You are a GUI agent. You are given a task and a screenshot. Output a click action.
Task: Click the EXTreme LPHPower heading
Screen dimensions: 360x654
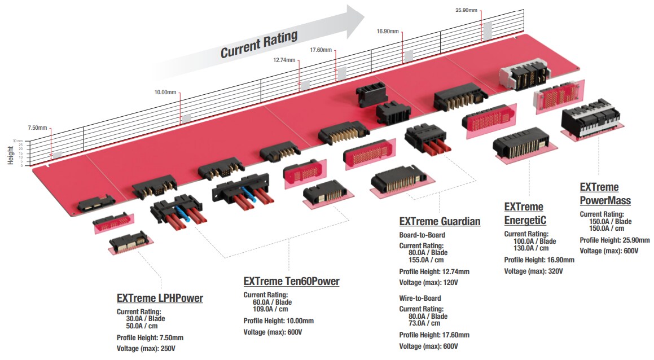pos(160,298)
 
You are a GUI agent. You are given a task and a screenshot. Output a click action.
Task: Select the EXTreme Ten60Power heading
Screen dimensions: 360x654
pos(291,281)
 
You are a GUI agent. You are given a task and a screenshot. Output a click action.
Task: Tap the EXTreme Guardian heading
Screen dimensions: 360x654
pos(440,222)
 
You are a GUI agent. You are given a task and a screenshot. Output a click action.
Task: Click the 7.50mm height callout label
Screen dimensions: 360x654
pos(38,128)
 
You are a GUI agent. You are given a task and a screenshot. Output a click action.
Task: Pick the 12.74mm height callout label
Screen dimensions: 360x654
pos(284,60)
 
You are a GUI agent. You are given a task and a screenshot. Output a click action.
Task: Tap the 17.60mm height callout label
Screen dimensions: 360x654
pos(321,50)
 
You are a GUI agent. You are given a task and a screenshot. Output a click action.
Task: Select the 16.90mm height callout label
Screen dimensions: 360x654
pos(388,31)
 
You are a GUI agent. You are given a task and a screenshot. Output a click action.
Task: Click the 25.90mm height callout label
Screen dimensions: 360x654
pos(466,10)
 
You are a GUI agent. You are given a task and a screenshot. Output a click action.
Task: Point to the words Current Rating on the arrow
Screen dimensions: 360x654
pos(258,45)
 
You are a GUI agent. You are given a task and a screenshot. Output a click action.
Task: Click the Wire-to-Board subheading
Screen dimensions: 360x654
pos(420,298)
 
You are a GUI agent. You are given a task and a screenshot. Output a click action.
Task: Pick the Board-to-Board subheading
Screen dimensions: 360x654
pos(422,235)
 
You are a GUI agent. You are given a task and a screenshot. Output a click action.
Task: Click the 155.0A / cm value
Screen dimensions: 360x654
pos(428,261)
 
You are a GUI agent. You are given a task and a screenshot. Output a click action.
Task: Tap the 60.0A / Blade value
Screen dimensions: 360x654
pos(272,302)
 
